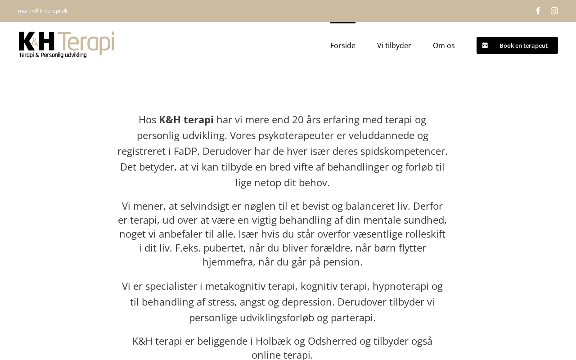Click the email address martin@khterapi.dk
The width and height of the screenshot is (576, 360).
click(43, 11)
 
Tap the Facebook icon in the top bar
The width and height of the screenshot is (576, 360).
click(538, 11)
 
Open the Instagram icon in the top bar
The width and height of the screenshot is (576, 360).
click(554, 11)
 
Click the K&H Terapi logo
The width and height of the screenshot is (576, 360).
click(67, 45)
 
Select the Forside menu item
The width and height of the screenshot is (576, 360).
click(343, 45)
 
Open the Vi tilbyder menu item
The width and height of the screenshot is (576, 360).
click(394, 45)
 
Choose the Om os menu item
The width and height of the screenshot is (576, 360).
click(444, 45)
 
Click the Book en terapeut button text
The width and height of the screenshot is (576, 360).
click(523, 45)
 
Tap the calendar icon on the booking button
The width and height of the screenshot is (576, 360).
click(485, 45)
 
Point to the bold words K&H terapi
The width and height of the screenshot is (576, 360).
click(186, 120)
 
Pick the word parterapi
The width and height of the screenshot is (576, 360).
click(352, 318)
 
